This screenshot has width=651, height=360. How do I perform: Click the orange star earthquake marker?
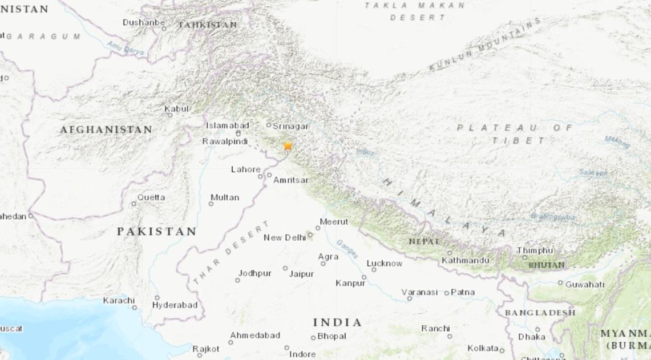pyautogui.click(x=288, y=146)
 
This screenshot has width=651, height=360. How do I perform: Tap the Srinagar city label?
pyautogui.click(x=290, y=126)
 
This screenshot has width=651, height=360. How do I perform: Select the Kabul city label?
pyautogui.click(x=176, y=108)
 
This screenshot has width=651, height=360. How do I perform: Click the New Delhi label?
pyautogui.click(x=284, y=237)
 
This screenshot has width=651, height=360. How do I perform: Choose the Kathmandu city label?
pyautogui.click(x=465, y=261)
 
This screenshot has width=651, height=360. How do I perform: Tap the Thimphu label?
pyautogui.click(x=535, y=250)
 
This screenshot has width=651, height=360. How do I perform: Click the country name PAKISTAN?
pyautogui.click(x=156, y=232)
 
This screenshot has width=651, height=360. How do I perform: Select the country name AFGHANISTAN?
pyautogui.click(x=106, y=130)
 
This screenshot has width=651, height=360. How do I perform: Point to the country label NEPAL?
pyautogui.click(x=424, y=242)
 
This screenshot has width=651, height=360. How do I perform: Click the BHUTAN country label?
pyautogui.click(x=546, y=265)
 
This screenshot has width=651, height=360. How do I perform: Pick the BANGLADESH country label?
pyautogui.click(x=539, y=313)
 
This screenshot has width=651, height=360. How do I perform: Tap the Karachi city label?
pyautogui.click(x=119, y=300)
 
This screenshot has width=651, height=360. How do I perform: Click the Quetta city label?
pyautogui.click(x=151, y=197)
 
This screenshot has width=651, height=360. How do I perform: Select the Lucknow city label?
pyautogui.click(x=384, y=264)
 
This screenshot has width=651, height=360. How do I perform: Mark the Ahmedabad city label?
pyautogui.click(x=254, y=335)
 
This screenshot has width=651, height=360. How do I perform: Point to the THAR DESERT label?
pyautogui.click(x=222, y=257)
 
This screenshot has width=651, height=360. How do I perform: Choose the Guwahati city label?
pyautogui.click(x=585, y=284)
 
